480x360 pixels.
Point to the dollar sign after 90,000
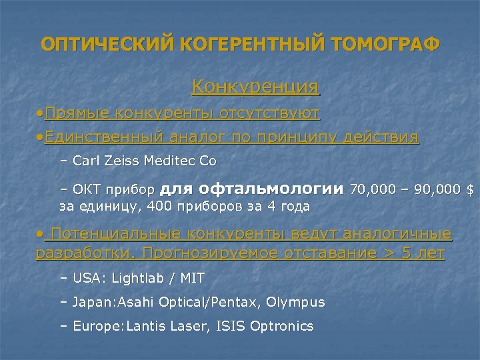(x=471, y=191)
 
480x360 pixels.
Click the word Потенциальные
(x=114, y=235)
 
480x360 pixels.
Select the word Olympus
(x=295, y=302)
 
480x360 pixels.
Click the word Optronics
(x=279, y=327)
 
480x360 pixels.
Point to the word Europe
(x=93, y=327)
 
